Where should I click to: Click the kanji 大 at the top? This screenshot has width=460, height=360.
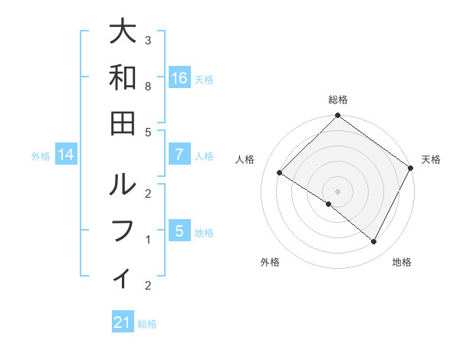coord(123,33)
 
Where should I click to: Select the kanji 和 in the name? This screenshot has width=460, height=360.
coord(123,77)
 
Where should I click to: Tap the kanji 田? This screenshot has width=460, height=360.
coord(123,123)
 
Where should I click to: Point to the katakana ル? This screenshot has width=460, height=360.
coord(123,186)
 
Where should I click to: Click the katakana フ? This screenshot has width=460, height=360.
coord(123,231)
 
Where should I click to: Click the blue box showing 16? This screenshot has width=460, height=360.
coord(179,78)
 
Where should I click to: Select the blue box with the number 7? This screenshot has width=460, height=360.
coord(179,155)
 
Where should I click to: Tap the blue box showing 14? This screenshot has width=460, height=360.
coord(66,155)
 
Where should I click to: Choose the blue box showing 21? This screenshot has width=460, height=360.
coord(123,323)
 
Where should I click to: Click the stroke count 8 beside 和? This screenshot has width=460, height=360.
coord(148,87)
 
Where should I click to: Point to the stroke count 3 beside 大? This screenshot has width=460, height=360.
coord(148,40)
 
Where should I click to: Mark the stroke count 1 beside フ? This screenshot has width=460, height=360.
coord(148,240)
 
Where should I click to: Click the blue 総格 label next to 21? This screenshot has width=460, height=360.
coord(147,324)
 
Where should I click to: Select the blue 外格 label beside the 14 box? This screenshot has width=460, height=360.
coord(41,156)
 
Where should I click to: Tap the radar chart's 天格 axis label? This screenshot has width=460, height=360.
coord(431,159)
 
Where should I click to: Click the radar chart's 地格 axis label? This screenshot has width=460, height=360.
coord(402,262)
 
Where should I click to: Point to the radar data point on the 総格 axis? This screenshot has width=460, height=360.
coord(337,116)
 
